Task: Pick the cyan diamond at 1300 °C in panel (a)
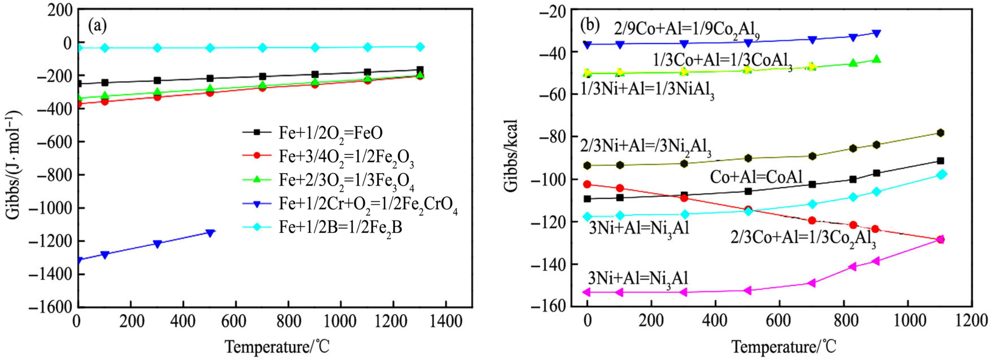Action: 420,47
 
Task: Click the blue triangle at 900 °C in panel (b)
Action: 876,33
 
